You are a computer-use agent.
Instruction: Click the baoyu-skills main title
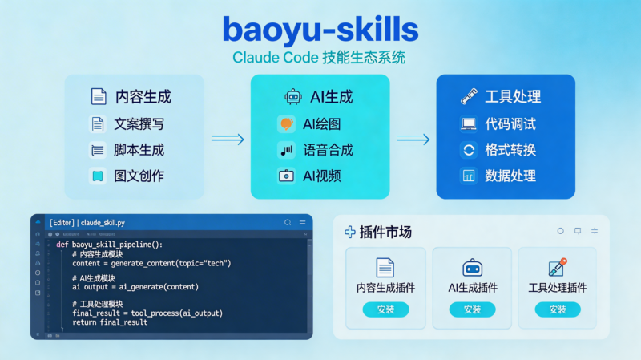pyautogui.click(x=320, y=30)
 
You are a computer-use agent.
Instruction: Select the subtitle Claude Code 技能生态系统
pyautogui.click(x=319, y=58)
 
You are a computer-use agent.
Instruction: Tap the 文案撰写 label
pyautogui.click(x=139, y=123)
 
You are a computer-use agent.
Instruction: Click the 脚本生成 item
pyautogui.click(x=139, y=149)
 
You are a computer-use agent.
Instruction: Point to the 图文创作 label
pyautogui.click(x=139, y=175)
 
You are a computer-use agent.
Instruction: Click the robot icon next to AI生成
pyautogui.click(x=293, y=97)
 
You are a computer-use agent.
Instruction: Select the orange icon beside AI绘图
pyautogui.click(x=286, y=123)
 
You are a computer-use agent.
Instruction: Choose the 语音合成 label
pyautogui.click(x=328, y=149)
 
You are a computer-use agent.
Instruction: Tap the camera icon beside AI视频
pyautogui.click(x=286, y=175)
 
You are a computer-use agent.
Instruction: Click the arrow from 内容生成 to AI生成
pyautogui.click(x=228, y=139)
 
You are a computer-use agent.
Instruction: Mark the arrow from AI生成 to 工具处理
pyautogui.click(x=413, y=140)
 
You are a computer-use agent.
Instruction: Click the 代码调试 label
pyautogui.click(x=510, y=123)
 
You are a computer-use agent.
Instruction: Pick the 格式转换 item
pyautogui.click(x=510, y=149)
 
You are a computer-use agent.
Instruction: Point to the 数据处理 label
pyautogui.click(x=510, y=175)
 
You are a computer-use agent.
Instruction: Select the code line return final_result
pyautogui.click(x=110, y=322)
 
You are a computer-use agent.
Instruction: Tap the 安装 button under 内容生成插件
pyautogui.click(x=385, y=309)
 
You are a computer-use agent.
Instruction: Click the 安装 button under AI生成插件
pyautogui.click(x=472, y=309)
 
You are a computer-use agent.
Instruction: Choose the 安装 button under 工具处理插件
pyautogui.click(x=558, y=309)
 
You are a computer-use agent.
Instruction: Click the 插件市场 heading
pyautogui.click(x=385, y=232)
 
